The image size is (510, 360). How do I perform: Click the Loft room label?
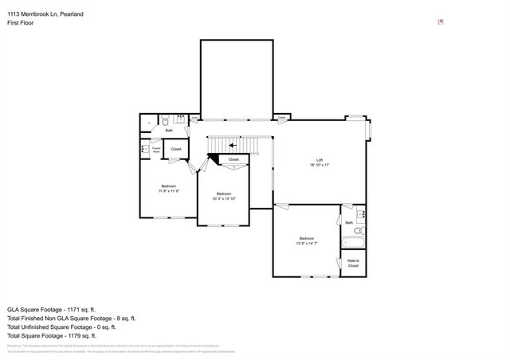[320, 159]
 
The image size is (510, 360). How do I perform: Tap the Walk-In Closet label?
[353, 263]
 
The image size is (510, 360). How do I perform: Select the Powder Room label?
[156, 148]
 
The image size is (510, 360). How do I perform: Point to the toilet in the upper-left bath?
[163, 122]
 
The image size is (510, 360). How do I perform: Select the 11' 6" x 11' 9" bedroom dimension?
[168, 191]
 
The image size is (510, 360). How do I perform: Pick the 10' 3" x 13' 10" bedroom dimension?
[224, 198]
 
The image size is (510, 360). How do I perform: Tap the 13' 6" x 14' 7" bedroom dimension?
[307, 243]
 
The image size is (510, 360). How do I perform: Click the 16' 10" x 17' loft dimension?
[320, 165]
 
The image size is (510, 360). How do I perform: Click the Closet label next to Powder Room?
[176, 149]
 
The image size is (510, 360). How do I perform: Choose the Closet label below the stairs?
[233, 159]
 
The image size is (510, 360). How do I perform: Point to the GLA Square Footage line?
[51, 309]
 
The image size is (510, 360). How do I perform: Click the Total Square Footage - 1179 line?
[51, 335]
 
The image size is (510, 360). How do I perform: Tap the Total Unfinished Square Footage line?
[61, 327]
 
